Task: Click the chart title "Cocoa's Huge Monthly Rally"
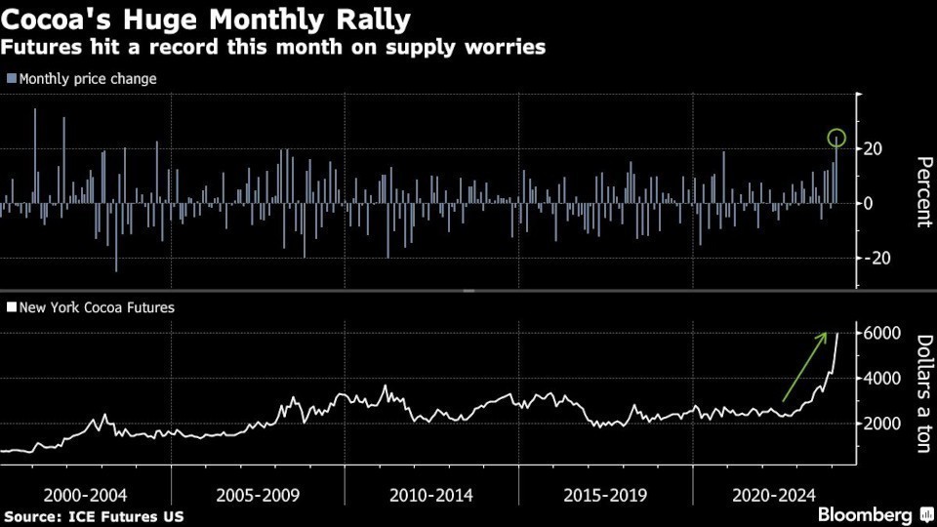[206, 19]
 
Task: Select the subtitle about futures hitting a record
[273, 47]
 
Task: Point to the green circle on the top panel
[835, 138]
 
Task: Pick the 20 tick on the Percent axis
[873, 148]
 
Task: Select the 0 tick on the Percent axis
[867, 203]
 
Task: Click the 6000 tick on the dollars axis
[879, 333]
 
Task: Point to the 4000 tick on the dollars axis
[879, 379]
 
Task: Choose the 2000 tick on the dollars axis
[879, 424]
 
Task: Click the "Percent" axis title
[922, 192]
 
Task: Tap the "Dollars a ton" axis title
[922, 393]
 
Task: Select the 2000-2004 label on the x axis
[85, 495]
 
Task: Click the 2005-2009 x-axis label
[258, 495]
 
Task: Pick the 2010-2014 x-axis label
[430, 495]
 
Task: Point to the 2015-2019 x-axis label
[604, 495]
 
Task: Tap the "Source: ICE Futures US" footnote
[94, 515]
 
